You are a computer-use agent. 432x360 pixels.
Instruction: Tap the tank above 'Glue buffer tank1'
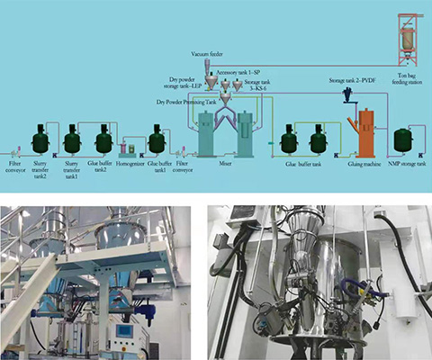point(157,139)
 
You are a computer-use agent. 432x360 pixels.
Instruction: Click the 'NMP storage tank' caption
point(402,164)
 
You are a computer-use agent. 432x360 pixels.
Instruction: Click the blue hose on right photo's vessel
point(370,290)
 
